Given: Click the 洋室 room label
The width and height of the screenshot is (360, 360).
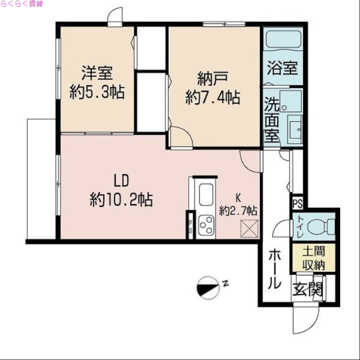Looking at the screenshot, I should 97,72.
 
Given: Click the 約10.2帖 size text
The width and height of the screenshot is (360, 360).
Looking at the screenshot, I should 121,199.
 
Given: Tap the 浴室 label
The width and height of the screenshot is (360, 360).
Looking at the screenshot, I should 282,68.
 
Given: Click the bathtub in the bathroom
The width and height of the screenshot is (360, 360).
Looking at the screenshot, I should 283,40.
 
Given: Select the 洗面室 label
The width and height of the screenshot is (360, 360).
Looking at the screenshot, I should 271,120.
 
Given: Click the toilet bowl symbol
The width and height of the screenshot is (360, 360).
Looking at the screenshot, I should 324,224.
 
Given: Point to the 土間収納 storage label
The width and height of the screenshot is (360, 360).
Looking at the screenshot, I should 313,258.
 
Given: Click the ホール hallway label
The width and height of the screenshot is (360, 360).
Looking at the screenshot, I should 274,269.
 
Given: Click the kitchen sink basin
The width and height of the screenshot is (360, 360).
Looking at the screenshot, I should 207,194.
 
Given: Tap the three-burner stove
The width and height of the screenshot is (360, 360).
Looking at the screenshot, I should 207,224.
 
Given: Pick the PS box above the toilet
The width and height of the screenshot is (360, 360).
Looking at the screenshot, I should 297,203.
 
